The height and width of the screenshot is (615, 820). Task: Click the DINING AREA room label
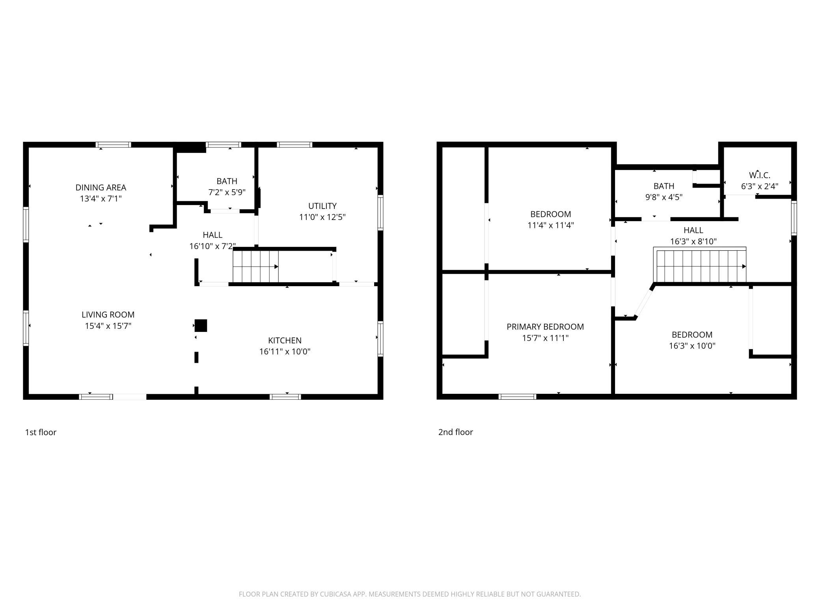pos(101,188)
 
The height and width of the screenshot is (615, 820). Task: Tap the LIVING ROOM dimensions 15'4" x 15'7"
pos(108,326)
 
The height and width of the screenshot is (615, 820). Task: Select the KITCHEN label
pos(285,341)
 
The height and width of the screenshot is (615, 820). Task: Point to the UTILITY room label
pos(322,206)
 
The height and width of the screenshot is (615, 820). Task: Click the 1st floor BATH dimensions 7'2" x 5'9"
pos(227,192)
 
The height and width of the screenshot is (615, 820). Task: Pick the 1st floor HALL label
pos(212,235)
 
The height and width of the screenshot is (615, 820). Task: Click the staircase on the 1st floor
pos(255,266)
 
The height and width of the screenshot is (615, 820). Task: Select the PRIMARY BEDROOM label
pos(545,327)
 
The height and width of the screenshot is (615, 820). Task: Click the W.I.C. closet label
pos(760,175)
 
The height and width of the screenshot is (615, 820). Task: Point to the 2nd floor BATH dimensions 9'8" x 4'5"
pos(664,197)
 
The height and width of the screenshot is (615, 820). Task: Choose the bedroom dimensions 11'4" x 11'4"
pos(551,225)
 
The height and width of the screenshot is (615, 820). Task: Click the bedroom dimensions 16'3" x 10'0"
pos(692,346)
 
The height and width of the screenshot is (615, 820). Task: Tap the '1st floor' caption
pos(41,432)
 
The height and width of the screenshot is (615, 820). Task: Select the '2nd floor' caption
pos(456,432)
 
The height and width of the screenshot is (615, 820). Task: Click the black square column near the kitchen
pos(201,326)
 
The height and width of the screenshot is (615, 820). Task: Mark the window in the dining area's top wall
pos(114,145)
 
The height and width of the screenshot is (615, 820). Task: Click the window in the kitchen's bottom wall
pos(285,397)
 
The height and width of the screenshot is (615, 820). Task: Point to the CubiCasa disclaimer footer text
pos(410,594)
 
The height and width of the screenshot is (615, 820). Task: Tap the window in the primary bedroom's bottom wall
pos(517,397)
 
